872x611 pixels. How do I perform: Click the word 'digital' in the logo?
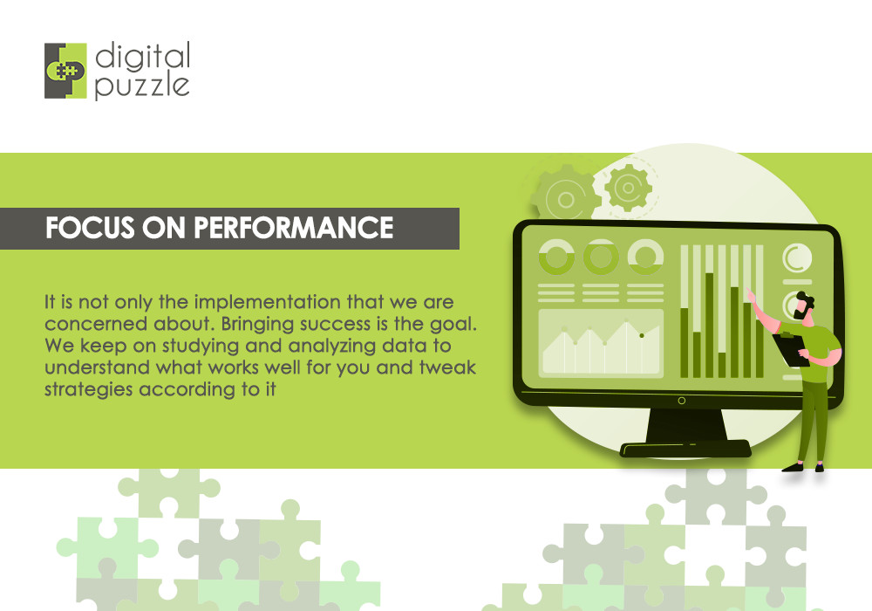click(x=142, y=58)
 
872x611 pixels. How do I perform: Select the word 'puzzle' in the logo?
click(x=141, y=86)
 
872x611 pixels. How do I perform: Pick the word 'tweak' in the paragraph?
click(x=445, y=367)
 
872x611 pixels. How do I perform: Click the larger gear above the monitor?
click(x=564, y=197)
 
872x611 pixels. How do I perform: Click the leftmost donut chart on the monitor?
click(x=555, y=257)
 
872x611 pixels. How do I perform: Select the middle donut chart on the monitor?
click(x=601, y=257)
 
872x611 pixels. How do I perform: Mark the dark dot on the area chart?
click(x=641, y=335)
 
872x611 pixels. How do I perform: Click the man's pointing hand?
click(x=749, y=294)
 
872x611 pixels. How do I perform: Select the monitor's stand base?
click(x=685, y=449)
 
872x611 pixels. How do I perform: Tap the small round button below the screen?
click(x=682, y=402)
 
